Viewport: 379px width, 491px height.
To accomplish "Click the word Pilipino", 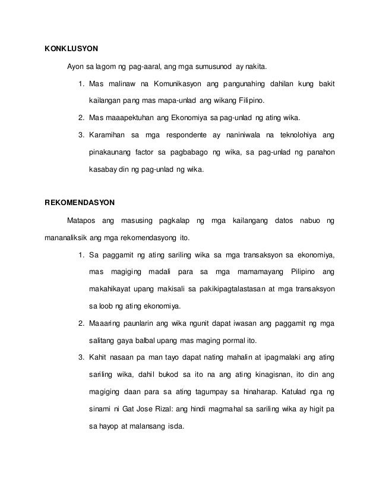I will (295, 272).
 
